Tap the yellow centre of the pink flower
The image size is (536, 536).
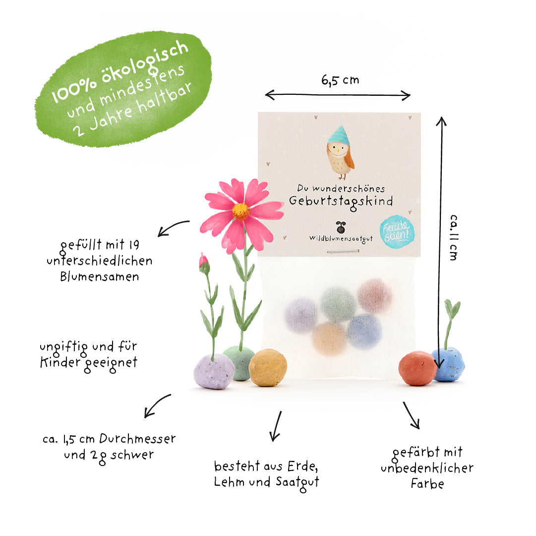[241, 211]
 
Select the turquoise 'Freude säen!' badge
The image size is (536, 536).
[397, 232]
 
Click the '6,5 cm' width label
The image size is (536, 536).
[340, 80]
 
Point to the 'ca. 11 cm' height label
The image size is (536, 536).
[453, 238]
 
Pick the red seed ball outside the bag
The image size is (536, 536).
[417, 368]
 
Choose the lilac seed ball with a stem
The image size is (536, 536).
[214, 371]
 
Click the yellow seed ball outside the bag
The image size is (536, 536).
[268, 368]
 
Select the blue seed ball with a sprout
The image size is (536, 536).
[449, 364]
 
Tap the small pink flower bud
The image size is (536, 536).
[204, 263]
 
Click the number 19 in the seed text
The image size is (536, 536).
[134, 245]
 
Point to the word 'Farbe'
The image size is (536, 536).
[427, 484]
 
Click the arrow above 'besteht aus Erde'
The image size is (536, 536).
[276, 426]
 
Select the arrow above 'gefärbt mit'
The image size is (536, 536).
[411, 415]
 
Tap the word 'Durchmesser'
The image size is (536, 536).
[137, 438]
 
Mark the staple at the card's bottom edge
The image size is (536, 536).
[343, 252]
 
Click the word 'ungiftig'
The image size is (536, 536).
[64, 348]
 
